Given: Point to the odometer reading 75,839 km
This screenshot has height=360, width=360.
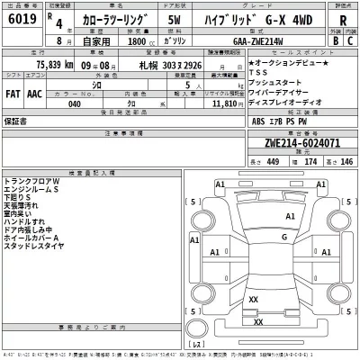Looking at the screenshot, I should pyautogui.click(x=41, y=66).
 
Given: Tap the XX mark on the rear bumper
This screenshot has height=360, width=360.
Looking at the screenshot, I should pyautogui.click(x=258, y=321).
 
